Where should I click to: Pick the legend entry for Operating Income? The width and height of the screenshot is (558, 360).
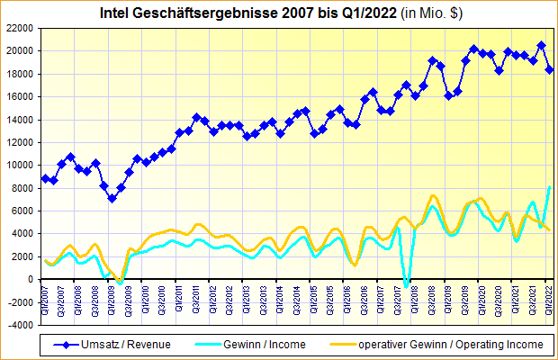coord(450,344)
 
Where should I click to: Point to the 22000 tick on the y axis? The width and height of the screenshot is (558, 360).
coord(20,28)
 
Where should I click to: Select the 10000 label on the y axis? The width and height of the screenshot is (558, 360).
coord(20,165)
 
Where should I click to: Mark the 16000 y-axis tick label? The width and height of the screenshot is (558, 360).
coord(20,96)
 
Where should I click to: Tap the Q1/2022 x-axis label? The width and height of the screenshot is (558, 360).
coord(549,294)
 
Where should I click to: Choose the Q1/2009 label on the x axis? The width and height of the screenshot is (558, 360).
coord(112,294)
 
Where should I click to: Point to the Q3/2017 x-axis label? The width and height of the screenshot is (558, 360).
coord(398,294)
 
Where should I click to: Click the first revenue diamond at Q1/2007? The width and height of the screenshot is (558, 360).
coord(45,178)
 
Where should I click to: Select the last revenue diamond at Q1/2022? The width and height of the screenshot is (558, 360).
coord(549,69)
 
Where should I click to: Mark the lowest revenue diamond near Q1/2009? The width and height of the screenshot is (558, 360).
coord(112,198)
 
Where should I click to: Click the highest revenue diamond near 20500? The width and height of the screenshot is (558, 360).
coord(541,45)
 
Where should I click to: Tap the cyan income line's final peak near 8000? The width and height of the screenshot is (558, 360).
coord(549,187)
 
